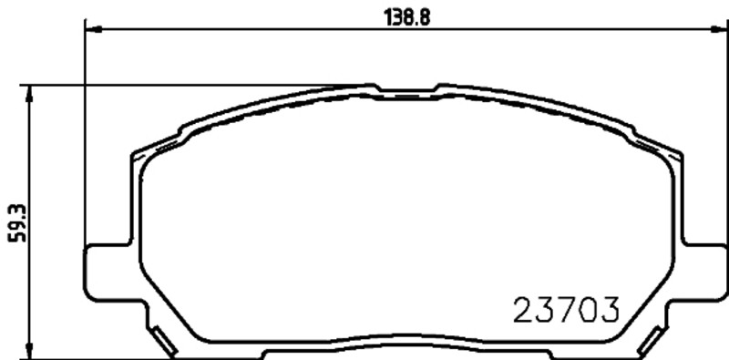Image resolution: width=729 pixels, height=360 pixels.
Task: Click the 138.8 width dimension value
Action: (407, 17)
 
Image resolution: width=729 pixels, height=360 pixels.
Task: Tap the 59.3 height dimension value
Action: (17, 223)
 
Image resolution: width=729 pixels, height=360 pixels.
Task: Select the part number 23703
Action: (566, 310)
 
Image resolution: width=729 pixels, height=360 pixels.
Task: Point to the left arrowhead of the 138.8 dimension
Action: (94, 29)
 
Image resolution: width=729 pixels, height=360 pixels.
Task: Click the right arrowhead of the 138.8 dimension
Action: (720, 29)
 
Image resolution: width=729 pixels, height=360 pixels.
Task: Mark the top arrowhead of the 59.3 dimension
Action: (30, 94)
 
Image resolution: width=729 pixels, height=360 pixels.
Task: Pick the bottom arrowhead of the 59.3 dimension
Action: (30, 351)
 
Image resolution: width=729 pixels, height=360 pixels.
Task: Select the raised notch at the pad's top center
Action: (406, 88)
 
